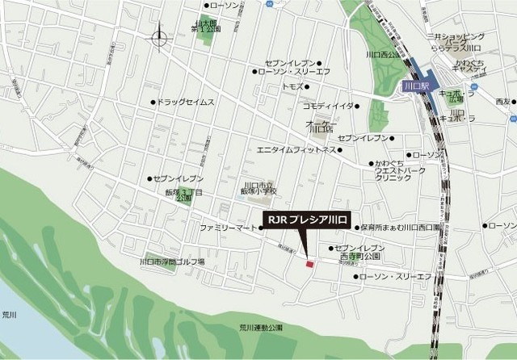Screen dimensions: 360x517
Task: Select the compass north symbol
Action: pyautogui.click(x=159, y=37)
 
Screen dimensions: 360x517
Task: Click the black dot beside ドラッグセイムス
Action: pyautogui.click(x=153, y=103)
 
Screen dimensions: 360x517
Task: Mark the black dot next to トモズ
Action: pyautogui.click(x=308, y=86)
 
